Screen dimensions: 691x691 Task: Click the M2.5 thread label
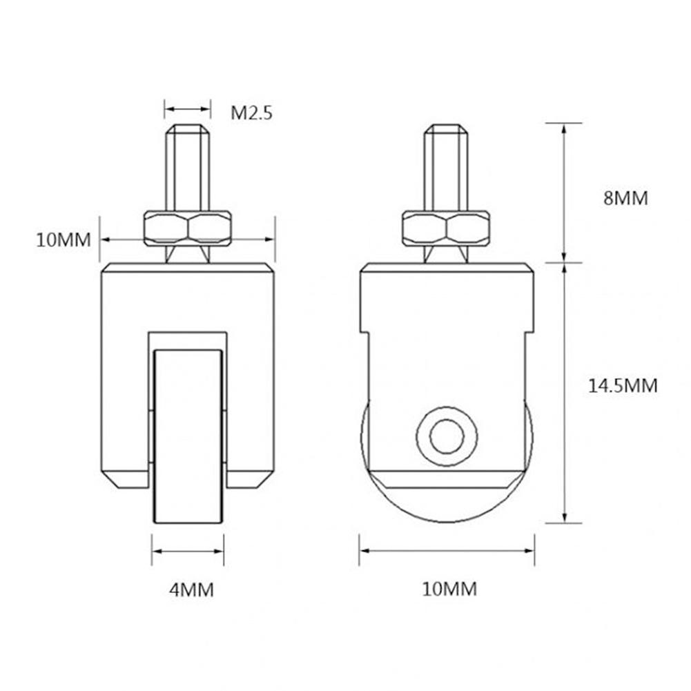(251, 113)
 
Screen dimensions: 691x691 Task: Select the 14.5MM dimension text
(622, 385)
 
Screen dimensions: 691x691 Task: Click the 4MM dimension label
(191, 590)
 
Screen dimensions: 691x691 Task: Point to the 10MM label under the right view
(449, 589)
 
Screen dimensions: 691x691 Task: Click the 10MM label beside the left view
(64, 240)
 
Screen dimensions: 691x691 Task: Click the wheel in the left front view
(188, 435)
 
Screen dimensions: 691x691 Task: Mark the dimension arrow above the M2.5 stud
(187, 108)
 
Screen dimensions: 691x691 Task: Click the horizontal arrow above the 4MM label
(188, 551)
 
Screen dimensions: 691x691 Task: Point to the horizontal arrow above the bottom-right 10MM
(447, 551)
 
